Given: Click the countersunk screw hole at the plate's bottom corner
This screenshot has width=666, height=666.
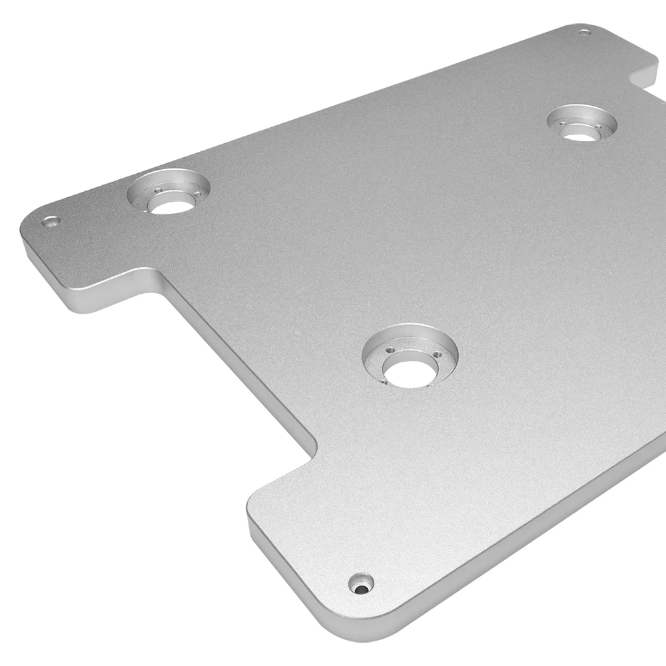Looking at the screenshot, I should tap(361, 584).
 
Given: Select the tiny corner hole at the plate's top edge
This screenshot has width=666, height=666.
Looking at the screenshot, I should tap(584, 33).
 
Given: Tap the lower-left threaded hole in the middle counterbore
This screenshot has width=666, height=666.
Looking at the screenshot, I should tap(384, 382).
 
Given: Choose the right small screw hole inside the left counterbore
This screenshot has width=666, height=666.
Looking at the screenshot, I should tap(197, 194).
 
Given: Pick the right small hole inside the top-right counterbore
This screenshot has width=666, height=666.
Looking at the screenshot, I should tap(598, 127).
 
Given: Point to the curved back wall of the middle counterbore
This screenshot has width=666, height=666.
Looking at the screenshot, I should tap(410, 335).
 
